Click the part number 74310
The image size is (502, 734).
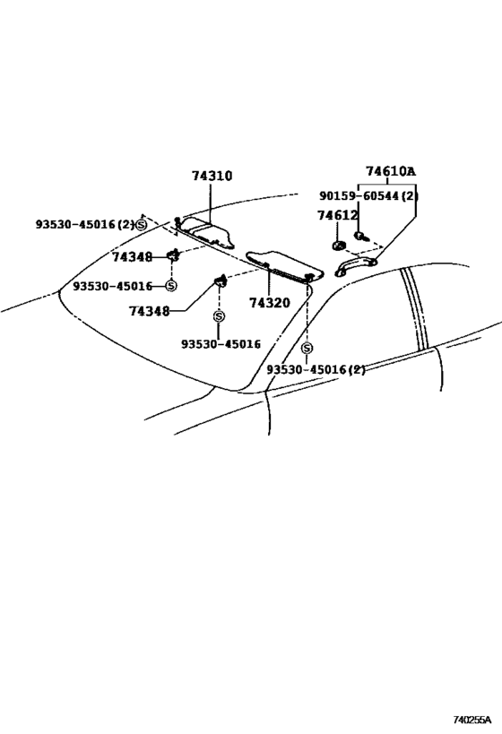[212, 176]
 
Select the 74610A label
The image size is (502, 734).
[391, 171]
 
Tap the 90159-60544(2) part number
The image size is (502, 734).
[368, 195]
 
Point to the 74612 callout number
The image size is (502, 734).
[338, 215]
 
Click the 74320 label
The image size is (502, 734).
[269, 303]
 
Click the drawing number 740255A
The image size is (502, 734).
[472, 719]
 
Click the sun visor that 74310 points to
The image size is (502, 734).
[207, 231]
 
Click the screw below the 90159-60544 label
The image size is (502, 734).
[360, 237]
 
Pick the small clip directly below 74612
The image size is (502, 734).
[338, 246]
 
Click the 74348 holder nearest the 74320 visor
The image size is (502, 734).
[221, 281]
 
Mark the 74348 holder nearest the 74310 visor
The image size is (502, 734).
[174, 255]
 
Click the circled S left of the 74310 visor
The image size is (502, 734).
[141, 225]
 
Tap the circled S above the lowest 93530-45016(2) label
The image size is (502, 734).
[307, 348]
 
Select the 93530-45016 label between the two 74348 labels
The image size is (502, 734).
[113, 286]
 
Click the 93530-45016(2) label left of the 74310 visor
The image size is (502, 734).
[85, 225]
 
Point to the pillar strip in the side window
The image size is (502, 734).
[414, 309]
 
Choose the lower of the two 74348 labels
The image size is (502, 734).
[150, 311]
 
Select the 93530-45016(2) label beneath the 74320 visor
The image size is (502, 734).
[316, 370]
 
